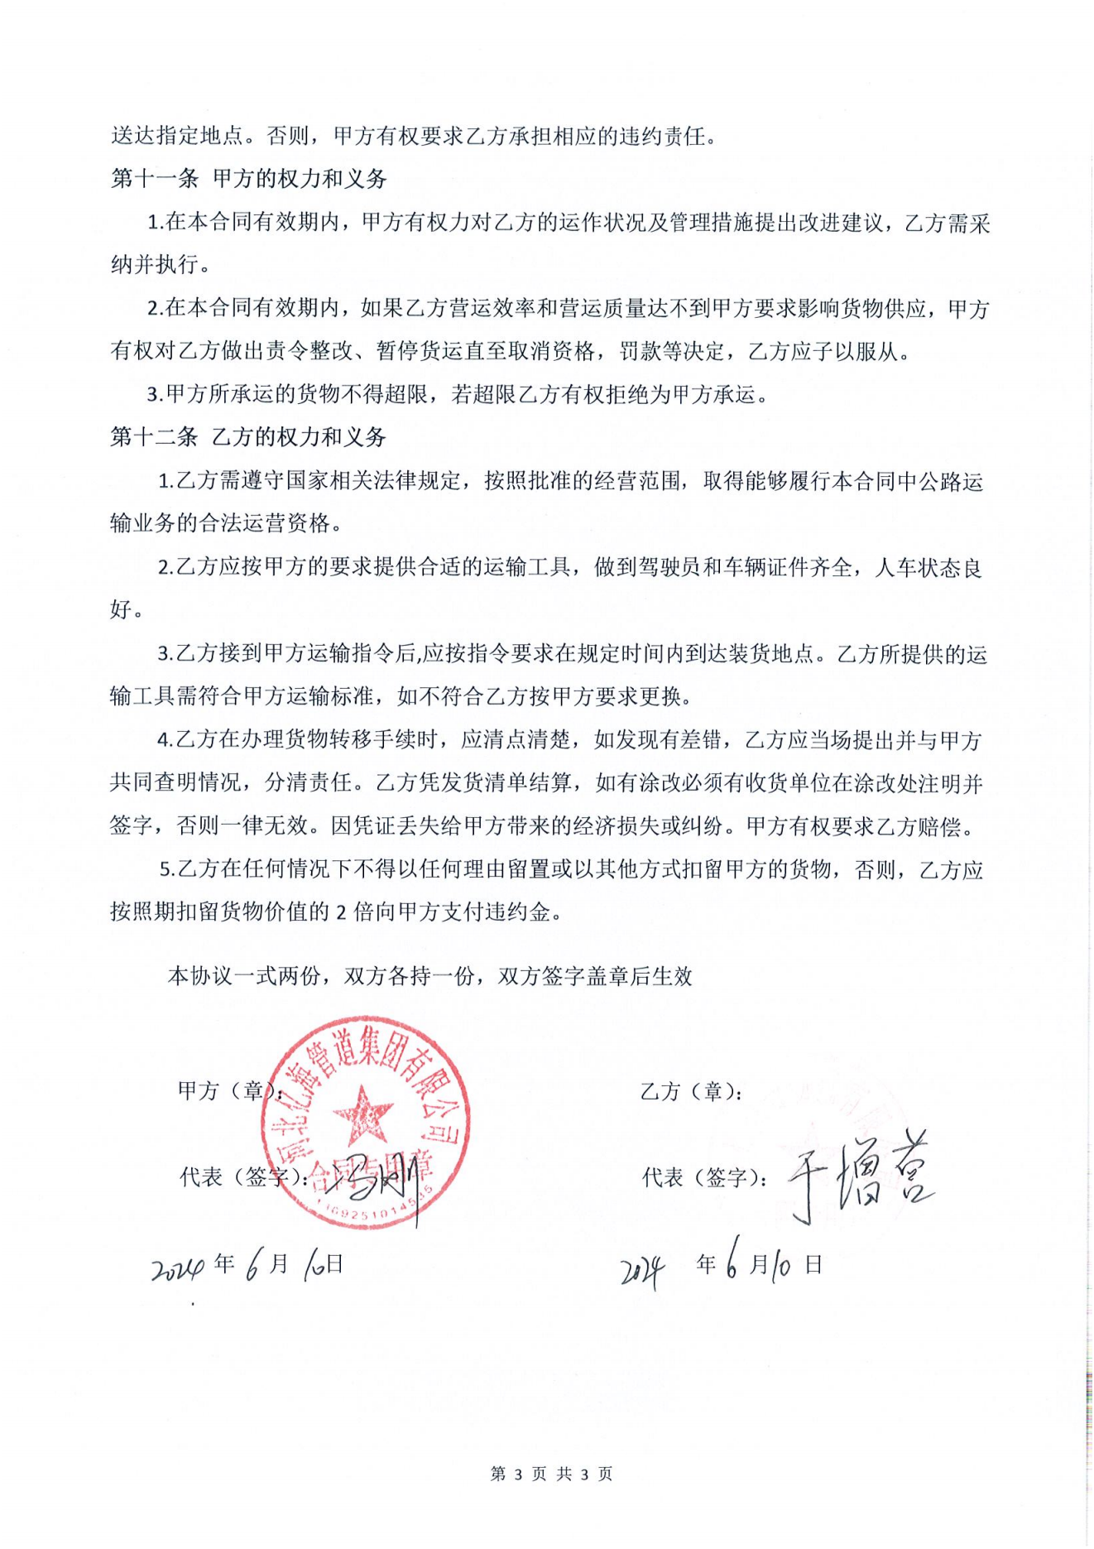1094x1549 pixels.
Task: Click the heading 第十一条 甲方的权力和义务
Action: (248, 179)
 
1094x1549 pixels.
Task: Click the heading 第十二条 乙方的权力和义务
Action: (248, 437)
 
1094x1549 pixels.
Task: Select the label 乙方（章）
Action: (691, 1091)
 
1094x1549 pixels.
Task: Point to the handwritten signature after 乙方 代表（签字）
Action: (861, 1176)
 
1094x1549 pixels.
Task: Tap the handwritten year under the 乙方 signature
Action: (643, 1271)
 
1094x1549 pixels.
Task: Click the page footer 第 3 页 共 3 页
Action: (551, 1474)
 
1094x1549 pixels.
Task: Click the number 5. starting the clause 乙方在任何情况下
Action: (167, 869)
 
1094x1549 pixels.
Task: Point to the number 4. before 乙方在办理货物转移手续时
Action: (166, 740)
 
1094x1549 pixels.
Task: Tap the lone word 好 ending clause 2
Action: (121, 610)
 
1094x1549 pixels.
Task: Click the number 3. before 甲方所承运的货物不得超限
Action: (155, 395)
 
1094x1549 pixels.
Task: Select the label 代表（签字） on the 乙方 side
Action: (703, 1177)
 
